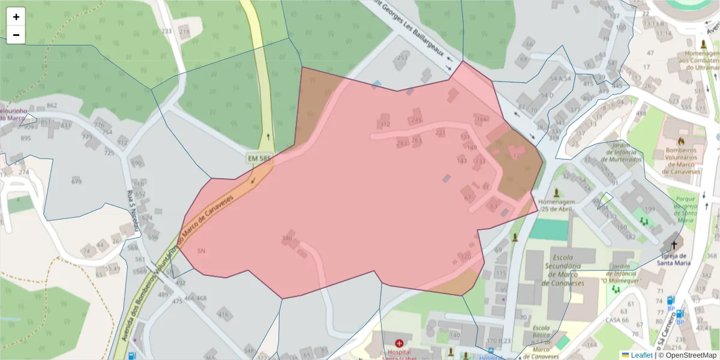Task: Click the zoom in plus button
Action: coord(16,17)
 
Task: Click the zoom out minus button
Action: coord(16,35)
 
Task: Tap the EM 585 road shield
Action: coord(260,159)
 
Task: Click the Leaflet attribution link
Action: coord(641,355)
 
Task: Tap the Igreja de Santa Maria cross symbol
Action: coord(674,245)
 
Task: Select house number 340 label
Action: coord(287,238)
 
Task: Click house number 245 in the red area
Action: coord(416,120)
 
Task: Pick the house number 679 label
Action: coord(76,181)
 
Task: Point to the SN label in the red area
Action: coord(201,251)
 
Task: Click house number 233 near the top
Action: coord(166,31)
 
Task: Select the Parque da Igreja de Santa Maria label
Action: coord(685,209)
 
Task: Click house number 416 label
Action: coord(223,314)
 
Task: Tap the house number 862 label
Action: coord(52,106)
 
